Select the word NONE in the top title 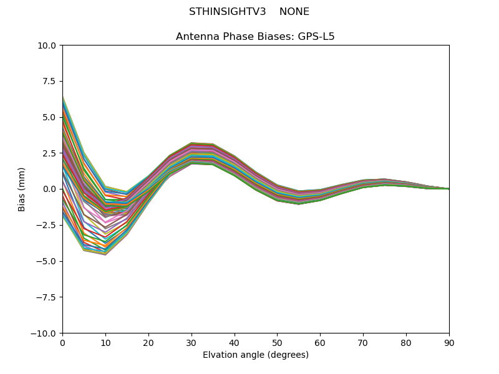(294, 12)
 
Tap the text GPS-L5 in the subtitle (317, 37)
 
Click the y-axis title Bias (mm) (22, 189)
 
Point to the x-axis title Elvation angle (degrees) (256, 355)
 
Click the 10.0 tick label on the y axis (47, 46)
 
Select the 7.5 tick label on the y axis (50, 81)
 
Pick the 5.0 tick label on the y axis (50, 117)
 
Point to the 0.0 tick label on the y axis (50, 189)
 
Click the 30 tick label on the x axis (191, 342)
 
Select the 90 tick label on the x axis (449, 342)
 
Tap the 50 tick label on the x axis (277, 342)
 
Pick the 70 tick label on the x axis (363, 342)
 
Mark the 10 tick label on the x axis (105, 342)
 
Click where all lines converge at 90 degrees (448, 189)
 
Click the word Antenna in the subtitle (196, 37)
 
